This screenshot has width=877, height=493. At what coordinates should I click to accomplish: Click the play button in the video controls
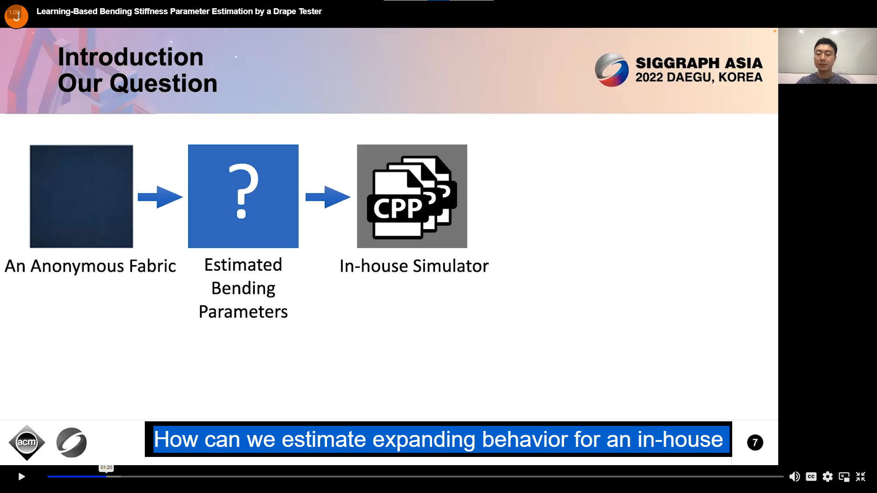(21, 477)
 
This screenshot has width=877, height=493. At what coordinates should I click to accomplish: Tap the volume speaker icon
(794, 477)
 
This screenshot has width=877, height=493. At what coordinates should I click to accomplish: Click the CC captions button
(811, 477)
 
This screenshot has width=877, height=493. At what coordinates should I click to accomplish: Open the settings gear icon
(828, 477)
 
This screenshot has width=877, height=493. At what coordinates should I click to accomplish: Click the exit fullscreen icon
(861, 477)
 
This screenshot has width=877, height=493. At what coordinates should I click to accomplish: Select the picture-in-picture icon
(844, 477)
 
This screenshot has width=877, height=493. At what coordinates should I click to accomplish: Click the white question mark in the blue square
(243, 191)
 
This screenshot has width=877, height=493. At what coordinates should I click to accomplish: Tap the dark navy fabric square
(81, 196)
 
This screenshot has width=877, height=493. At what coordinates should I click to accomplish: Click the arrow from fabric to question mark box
(160, 197)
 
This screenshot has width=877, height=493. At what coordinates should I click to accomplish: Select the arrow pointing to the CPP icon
(328, 197)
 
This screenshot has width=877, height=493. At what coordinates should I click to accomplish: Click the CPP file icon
(412, 197)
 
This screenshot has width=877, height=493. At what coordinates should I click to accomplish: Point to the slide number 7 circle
(755, 442)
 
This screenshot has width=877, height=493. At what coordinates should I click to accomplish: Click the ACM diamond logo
(27, 442)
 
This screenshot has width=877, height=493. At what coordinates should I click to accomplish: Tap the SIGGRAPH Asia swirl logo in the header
(612, 70)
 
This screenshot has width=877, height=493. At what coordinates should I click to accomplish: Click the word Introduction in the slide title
(131, 57)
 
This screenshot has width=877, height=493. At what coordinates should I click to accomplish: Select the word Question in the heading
(164, 84)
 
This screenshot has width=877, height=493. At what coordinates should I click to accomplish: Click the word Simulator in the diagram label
(450, 266)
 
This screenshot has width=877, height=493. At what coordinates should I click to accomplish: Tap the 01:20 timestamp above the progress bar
(106, 467)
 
